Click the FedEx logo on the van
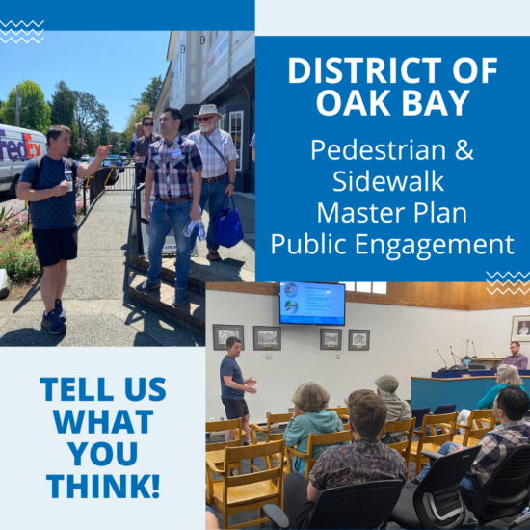tap(21, 147)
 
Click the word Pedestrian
tap(378, 149)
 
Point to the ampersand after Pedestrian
tap(464, 149)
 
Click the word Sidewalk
tap(387, 181)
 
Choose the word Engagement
tap(434, 245)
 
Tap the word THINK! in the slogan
tap(103, 486)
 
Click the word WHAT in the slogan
tap(103, 421)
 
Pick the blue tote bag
tap(228, 224)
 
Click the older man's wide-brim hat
tap(207, 112)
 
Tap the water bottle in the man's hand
tap(200, 230)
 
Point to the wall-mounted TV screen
tap(312, 303)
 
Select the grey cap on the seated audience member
tap(387, 384)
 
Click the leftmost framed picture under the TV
tap(228, 336)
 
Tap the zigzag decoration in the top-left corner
tap(22, 32)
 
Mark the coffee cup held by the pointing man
tap(69, 186)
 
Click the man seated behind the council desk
tap(515, 356)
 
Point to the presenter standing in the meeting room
tap(235, 388)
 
